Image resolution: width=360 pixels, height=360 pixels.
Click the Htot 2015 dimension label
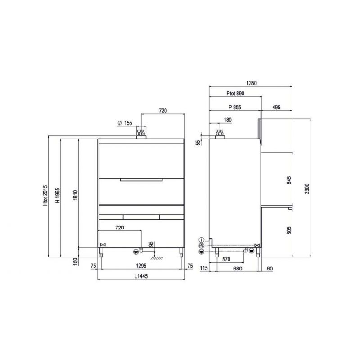pos(45,195)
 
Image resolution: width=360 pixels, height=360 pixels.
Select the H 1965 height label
pos(58,195)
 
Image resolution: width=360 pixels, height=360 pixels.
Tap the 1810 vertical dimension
pos(76,195)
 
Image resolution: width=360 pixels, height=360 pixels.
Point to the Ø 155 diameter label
pos(125,123)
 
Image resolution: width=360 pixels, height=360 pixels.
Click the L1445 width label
pos(141,276)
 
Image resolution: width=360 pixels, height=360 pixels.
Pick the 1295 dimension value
pos(141,265)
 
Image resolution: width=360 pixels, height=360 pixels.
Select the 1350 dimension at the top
pos(252,83)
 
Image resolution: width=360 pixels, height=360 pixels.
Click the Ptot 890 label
pos(235,94)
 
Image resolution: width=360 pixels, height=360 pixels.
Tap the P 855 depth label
pos(235,107)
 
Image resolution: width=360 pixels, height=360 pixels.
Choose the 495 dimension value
pos(276,107)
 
